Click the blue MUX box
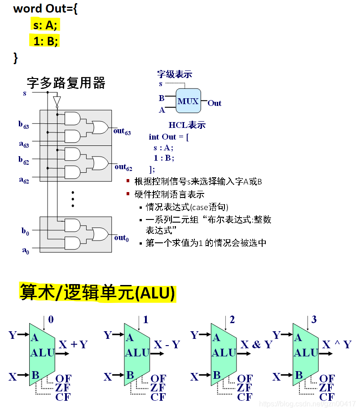188,101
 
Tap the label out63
122,131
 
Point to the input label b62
24,160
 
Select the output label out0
121,238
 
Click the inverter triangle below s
56,101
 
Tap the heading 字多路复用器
66,83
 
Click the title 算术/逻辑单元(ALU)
97,293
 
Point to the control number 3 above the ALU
314,320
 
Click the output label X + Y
73,345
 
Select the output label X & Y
256,345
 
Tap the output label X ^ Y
337,345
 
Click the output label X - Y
167,345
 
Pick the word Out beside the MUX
215,103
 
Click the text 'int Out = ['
169,137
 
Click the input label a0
25,250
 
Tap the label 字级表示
175,74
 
